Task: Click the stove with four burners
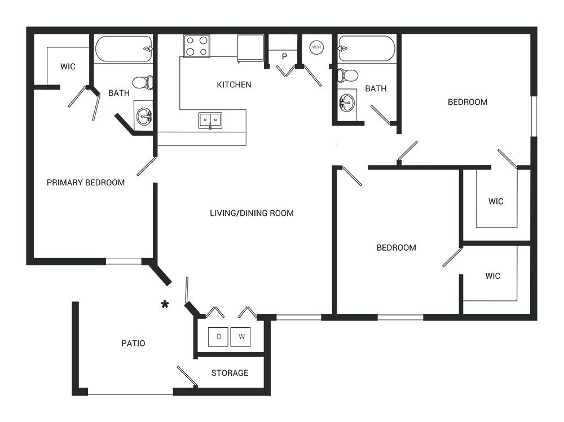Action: (x=197, y=46)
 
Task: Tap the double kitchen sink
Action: (x=210, y=121)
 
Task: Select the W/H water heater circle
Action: (x=316, y=47)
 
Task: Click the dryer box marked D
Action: (x=218, y=337)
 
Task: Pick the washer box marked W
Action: (x=241, y=337)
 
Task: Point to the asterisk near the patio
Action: (x=165, y=304)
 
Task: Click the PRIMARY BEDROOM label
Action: (x=86, y=183)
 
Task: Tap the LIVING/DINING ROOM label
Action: (x=252, y=213)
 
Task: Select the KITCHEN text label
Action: (x=234, y=85)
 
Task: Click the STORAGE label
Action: (x=230, y=373)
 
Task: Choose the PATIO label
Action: (x=133, y=343)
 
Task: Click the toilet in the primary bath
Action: (x=143, y=83)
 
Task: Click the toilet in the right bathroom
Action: (x=347, y=75)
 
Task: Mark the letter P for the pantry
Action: (x=284, y=56)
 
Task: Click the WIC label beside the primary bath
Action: (x=68, y=66)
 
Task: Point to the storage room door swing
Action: (x=187, y=376)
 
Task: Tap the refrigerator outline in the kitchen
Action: (x=251, y=48)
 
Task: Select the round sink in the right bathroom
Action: (x=347, y=103)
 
